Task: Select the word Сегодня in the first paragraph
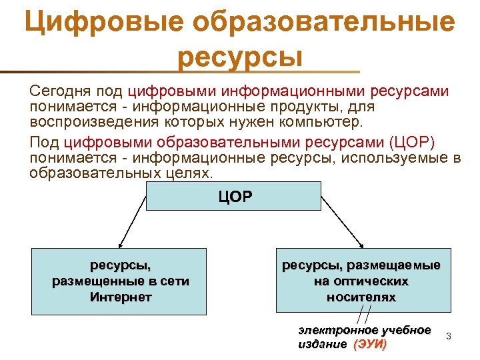click(x=60, y=91)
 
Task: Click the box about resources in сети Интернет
click(x=120, y=281)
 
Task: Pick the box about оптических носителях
click(x=361, y=281)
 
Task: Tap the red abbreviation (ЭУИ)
click(x=369, y=345)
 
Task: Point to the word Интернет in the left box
click(x=121, y=297)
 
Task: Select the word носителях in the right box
click(x=361, y=297)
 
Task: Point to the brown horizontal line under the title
click(x=180, y=71)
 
